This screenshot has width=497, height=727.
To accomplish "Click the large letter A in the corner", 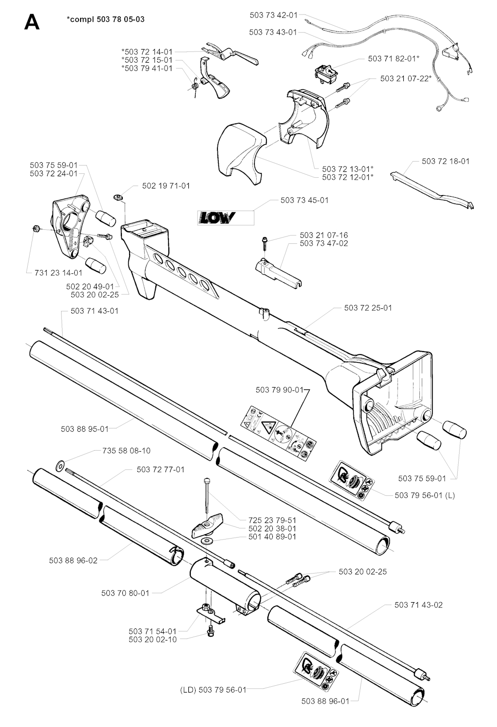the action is click(x=32, y=23).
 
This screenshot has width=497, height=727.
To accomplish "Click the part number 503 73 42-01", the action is click(x=273, y=15).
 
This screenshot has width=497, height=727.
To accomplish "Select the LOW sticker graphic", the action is click(x=216, y=218).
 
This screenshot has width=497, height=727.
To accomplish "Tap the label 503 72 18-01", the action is click(x=446, y=161).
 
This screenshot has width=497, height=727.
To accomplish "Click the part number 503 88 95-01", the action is click(x=84, y=429).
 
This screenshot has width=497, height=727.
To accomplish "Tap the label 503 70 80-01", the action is click(x=125, y=593).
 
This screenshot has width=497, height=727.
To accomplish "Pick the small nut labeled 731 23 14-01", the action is click(x=36, y=229).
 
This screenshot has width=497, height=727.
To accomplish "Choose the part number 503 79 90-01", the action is click(x=279, y=390).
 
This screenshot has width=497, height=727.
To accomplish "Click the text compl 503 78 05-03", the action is click(x=105, y=19).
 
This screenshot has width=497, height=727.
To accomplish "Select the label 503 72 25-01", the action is click(x=368, y=307).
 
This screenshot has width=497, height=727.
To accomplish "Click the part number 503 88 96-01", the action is click(x=325, y=701).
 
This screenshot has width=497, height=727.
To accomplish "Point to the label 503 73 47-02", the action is click(x=324, y=243).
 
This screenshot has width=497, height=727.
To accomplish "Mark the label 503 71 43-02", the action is click(x=418, y=605).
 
